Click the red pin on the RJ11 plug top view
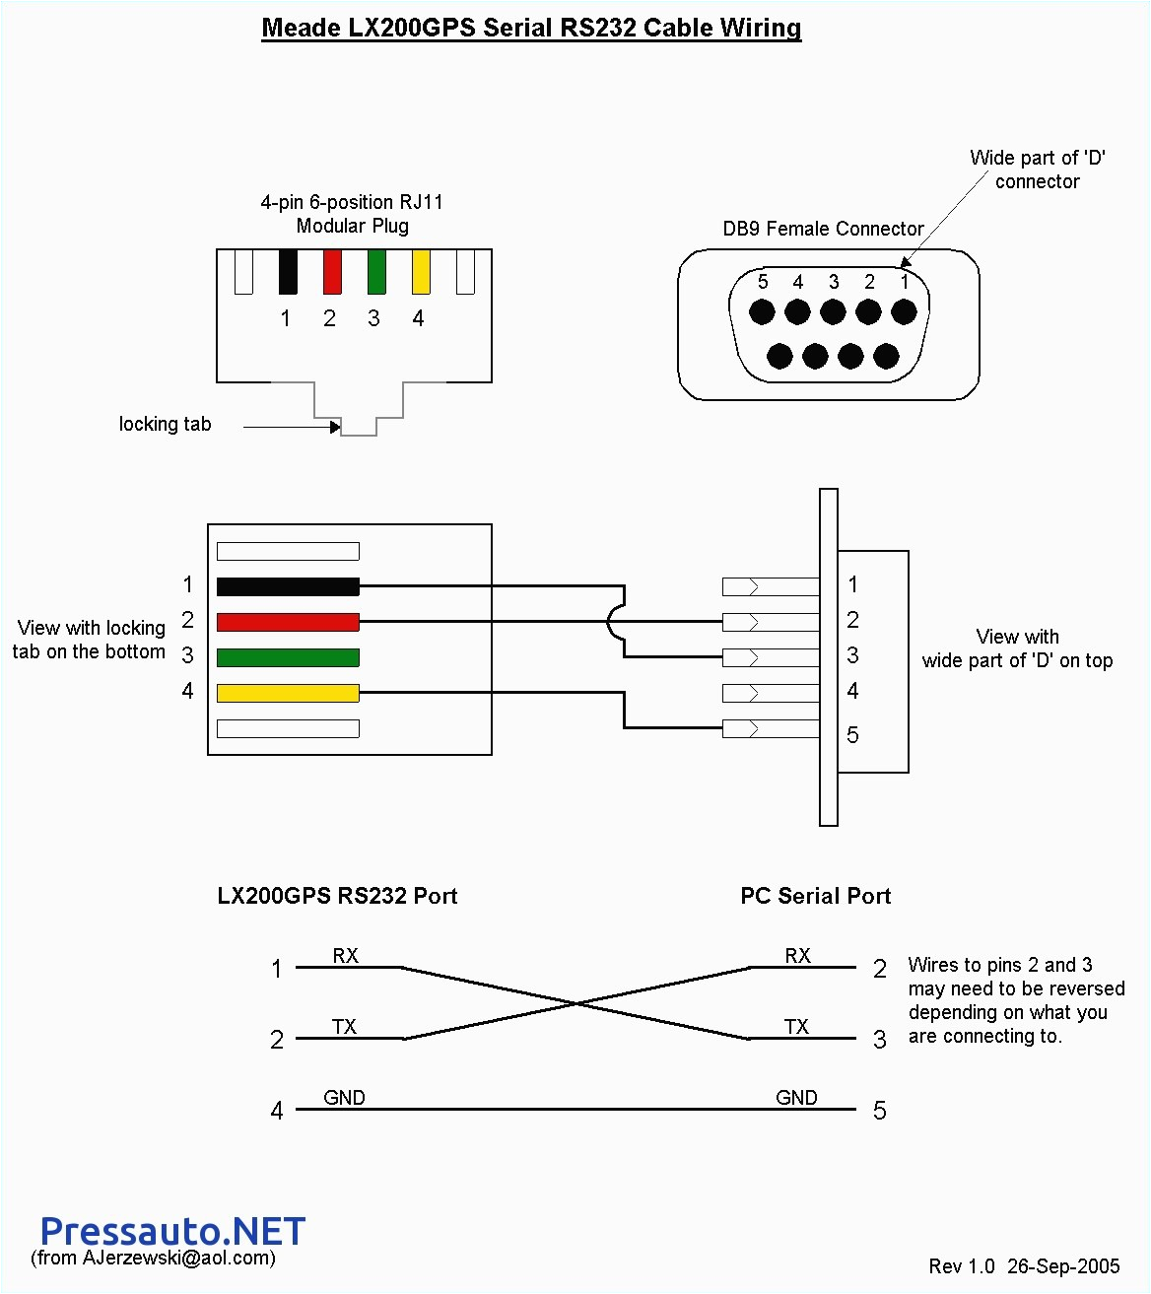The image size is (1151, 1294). pyautogui.click(x=332, y=272)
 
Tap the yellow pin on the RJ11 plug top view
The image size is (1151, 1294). pyautogui.click(x=421, y=272)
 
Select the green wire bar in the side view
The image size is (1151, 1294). pyautogui.click(x=288, y=657)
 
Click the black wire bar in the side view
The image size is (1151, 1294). pyautogui.click(x=288, y=586)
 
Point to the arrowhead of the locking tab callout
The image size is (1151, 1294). pyautogui.click(x=336, y=427)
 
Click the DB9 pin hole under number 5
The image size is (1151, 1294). pyautogui.click(x=762, y=312)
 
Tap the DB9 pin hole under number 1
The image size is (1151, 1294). pyautogui.click(x=904, y=312)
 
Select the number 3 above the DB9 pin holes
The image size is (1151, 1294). pyautogui.click(x=834, y=283)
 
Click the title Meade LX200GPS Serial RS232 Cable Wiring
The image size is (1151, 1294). pyautogui.click(x=531, y=28)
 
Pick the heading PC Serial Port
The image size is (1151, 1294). pyautogui.click(x=815, y=896)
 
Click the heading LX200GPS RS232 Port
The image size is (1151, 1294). pyautogui.click(x=337, y=896)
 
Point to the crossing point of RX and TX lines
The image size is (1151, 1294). pyautogui.click(x=576, y=1003)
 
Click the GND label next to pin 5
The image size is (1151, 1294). pyautogui.click(x=796, y=1098)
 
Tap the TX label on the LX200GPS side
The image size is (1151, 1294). pyautogui.click(x=344, y=1027)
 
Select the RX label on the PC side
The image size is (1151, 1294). pyautogui.click(x=797, y=956)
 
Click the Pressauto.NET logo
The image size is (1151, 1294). pyautogui.click(x=172, y=1231)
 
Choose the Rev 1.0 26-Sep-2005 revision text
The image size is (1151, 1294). pyautogui.click(x=1024, y=1266)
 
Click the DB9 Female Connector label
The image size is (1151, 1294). pyautogui.click(x=823, y=229)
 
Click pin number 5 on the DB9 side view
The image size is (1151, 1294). pyautogui.click(x=852, y=735)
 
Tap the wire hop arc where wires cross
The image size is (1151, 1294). pyautogui.click(x=614, y=622)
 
